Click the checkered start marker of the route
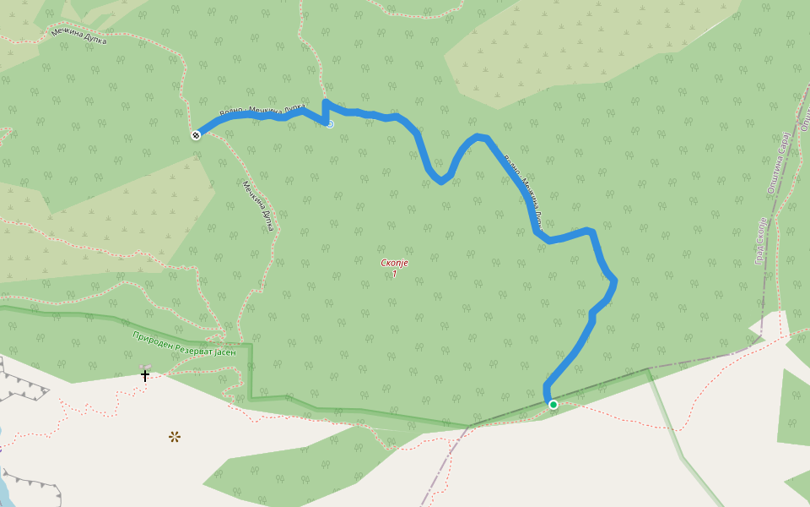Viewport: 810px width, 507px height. (x=196, y=134)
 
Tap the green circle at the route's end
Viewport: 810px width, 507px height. (x=553, y=405)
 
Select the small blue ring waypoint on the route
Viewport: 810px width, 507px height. (x=330, y=124)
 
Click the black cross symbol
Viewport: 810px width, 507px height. (x=145, y=374)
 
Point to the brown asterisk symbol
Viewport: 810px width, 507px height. (x=175, y=436)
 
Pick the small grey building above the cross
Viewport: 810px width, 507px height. (x=145, y=366)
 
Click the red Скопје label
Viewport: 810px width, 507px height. (x=395, y=263)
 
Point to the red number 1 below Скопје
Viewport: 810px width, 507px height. (x=394, y=274)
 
